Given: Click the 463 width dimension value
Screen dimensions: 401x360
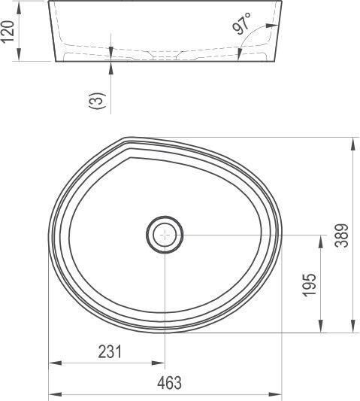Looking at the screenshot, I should [x=171, y=383].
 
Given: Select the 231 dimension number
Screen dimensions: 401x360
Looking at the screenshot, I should [x=110, y=352].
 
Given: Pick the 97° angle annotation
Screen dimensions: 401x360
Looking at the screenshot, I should [x=242, y=26].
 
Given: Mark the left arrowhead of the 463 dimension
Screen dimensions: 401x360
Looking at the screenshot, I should [x=53, y=393].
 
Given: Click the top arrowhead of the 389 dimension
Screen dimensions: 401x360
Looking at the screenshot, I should [x=352, y=141].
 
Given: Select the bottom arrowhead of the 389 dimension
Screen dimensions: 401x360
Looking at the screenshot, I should [x=352, y=327].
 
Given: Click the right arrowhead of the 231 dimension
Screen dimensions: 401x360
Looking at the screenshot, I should [x=160, y=363].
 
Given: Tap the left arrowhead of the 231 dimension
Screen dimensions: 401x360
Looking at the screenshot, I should [x=53, y=363].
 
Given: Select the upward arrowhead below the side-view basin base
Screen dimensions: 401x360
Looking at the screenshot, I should [x=111, y=66].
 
